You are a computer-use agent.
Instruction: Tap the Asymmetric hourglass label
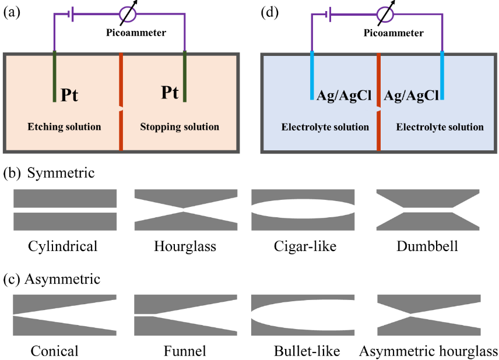[428, 351]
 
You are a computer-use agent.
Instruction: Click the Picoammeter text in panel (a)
[136, 33]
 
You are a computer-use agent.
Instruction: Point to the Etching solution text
[64, 126]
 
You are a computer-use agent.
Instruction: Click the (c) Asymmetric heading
[52, 279]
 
